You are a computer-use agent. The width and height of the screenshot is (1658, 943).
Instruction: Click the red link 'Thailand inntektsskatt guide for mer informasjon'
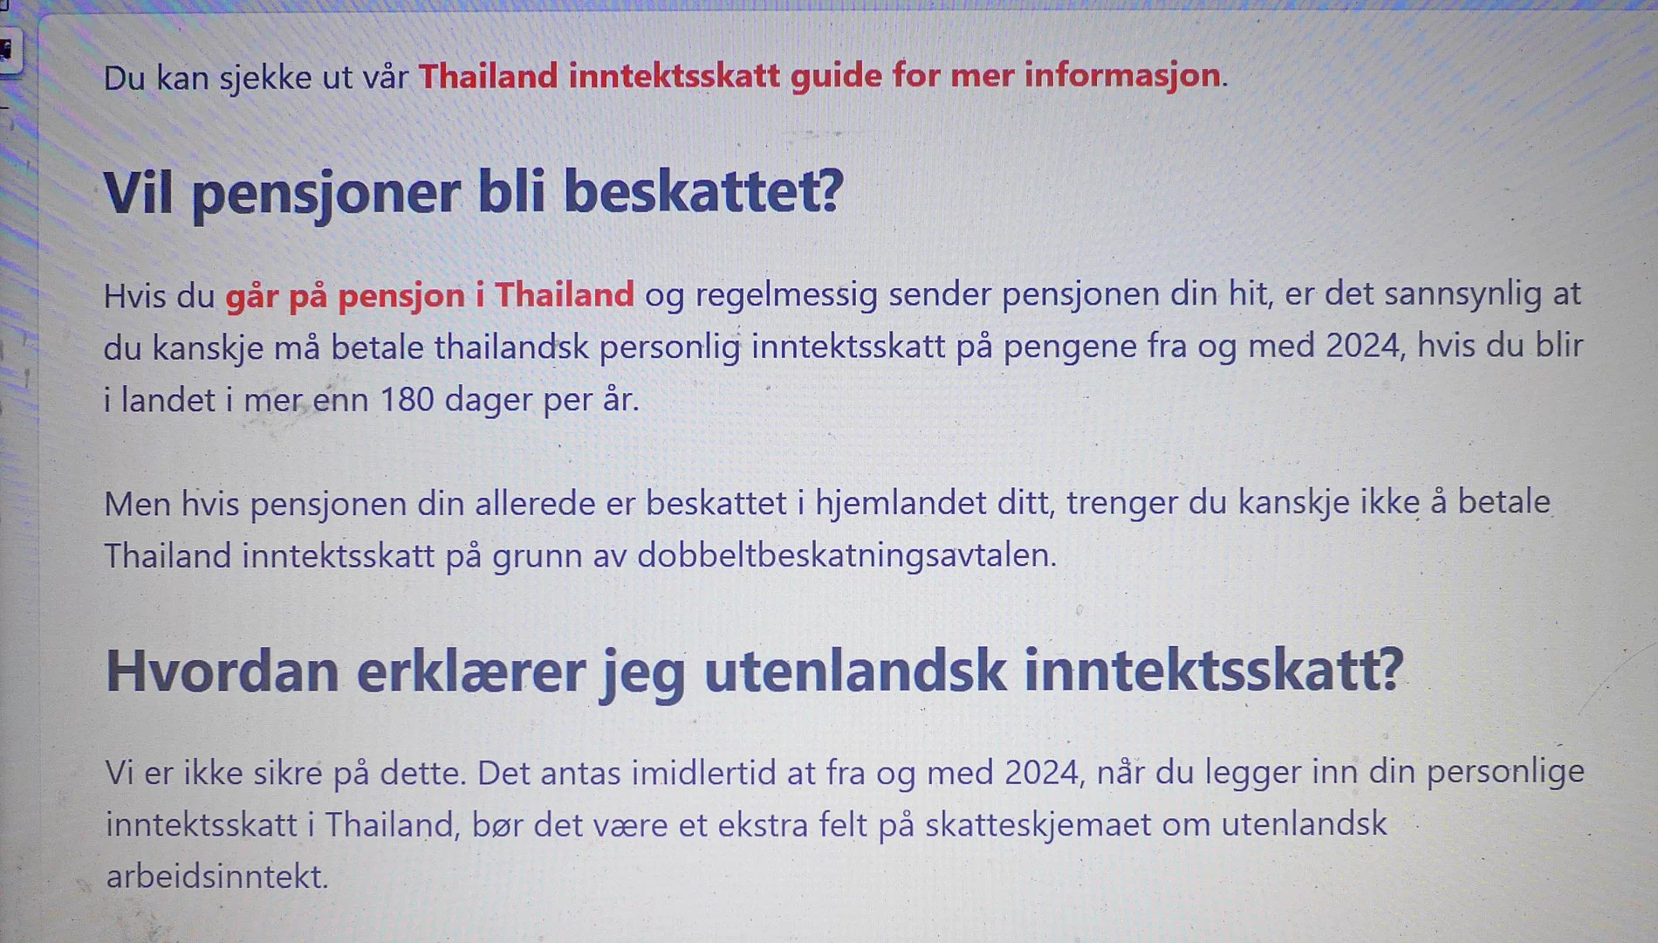coord(819,77)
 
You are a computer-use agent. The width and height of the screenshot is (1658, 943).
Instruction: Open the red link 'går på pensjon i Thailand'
coord(429,297)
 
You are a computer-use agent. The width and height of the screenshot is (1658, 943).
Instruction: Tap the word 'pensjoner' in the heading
coord(325,194)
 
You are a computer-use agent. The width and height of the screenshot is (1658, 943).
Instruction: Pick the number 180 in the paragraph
coord(407,400)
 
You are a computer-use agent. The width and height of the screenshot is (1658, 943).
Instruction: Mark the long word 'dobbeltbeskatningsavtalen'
coord(846,555)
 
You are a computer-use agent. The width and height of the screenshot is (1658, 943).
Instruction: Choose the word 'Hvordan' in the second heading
coord(223,671)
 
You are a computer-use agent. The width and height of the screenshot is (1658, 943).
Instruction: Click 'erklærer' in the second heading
coord(471,671)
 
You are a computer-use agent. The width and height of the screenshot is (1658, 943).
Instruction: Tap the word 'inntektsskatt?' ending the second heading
coord(1214,671)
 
